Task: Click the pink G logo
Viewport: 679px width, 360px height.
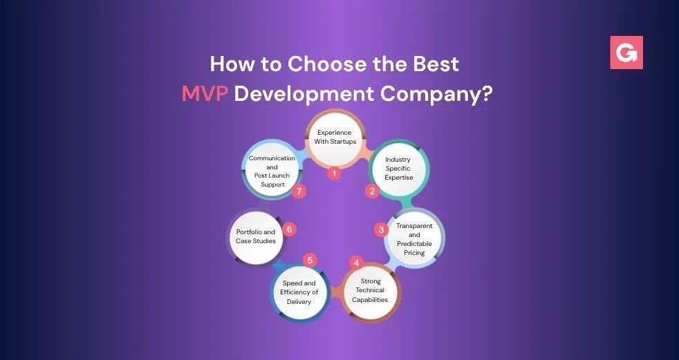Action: pos(626,53)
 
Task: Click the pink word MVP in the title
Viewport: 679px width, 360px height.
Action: pos(205,93)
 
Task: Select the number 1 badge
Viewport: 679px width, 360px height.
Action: pos(334,174)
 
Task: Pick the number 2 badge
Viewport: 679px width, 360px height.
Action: pos(372,191)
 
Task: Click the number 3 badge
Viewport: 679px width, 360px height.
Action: pos(381,230)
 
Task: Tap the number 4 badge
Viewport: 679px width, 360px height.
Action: pos(356,263)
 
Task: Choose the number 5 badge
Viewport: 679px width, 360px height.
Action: pos(310,260)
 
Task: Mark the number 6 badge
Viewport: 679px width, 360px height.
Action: pos(289,229)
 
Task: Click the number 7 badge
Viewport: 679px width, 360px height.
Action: pos(299,191)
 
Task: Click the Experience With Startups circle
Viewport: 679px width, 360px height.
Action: pos(334,138)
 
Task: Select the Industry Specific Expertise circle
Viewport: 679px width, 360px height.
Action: pos(399,169)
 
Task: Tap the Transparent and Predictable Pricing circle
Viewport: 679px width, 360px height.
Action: pos(414,239)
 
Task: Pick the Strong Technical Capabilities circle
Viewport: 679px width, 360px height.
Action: pos(370,291)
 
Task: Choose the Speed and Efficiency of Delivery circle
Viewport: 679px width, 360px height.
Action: pos(299,292)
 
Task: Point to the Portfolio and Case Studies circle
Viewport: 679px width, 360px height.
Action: pos(256,237)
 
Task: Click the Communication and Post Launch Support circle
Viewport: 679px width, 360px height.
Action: pos(272,171)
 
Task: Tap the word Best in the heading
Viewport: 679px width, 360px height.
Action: pos(436,64)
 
